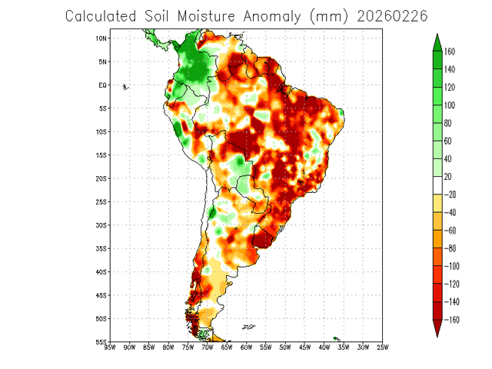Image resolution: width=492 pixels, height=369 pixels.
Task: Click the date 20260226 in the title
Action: (x=392, y=15)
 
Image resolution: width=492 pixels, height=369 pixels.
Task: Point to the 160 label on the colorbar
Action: (x=450, y=52)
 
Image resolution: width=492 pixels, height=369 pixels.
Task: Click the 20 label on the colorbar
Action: (x=447, y=176)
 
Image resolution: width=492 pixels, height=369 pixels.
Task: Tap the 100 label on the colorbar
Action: (x=450, y=105)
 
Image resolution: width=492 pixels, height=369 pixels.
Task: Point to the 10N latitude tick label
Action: (x=101, y=38)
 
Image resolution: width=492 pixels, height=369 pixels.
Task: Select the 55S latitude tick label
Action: (x=101, y=341)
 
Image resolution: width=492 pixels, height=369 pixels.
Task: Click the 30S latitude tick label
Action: (x=101, y=225)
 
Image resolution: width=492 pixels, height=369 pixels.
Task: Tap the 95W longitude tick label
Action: (x=109, y=348)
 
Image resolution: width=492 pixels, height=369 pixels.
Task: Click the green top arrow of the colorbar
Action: (x=437, y=41)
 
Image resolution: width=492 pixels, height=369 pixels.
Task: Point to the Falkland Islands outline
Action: (x=248, y=327)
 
